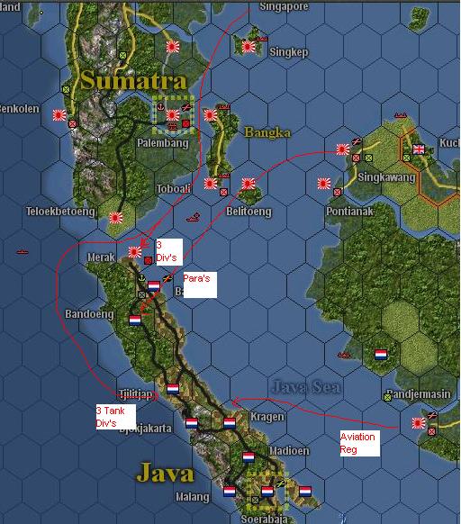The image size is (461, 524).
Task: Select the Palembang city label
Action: click(x=162, y=143)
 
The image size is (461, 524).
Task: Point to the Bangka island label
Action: click(x=267, y=133)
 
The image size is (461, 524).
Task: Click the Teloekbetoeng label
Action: click(x=60, y=212)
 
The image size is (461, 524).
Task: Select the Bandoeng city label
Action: click(x=89, y=314)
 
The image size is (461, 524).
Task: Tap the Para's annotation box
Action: click(x=198, y=284)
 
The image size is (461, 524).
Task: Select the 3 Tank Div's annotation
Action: click(x=115, y=416)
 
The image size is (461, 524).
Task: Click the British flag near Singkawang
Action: click(x=419, y=149)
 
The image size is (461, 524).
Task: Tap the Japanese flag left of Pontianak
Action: click(x=323, y=184)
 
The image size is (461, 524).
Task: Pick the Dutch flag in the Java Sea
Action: click(x=380, y=354)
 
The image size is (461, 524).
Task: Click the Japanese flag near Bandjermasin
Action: click(x=419, y=422)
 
